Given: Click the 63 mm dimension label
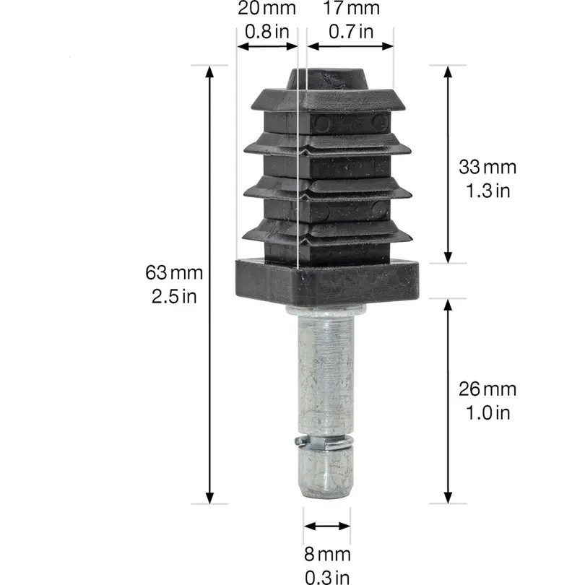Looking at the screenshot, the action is [174, 273].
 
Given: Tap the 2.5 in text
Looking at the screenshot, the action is [174, 297].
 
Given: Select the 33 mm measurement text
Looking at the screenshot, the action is [487, 167].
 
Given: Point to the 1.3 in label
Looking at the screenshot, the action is [488, 191].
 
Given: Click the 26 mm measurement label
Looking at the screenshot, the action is [487, 389].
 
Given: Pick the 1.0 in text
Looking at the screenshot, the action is [488, 412].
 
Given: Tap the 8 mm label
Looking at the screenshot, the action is [327, 555].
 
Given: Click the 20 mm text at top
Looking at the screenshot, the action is [267, 8].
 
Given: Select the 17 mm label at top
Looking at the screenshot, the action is [351, 8].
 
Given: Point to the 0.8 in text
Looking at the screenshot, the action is [267, 31].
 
